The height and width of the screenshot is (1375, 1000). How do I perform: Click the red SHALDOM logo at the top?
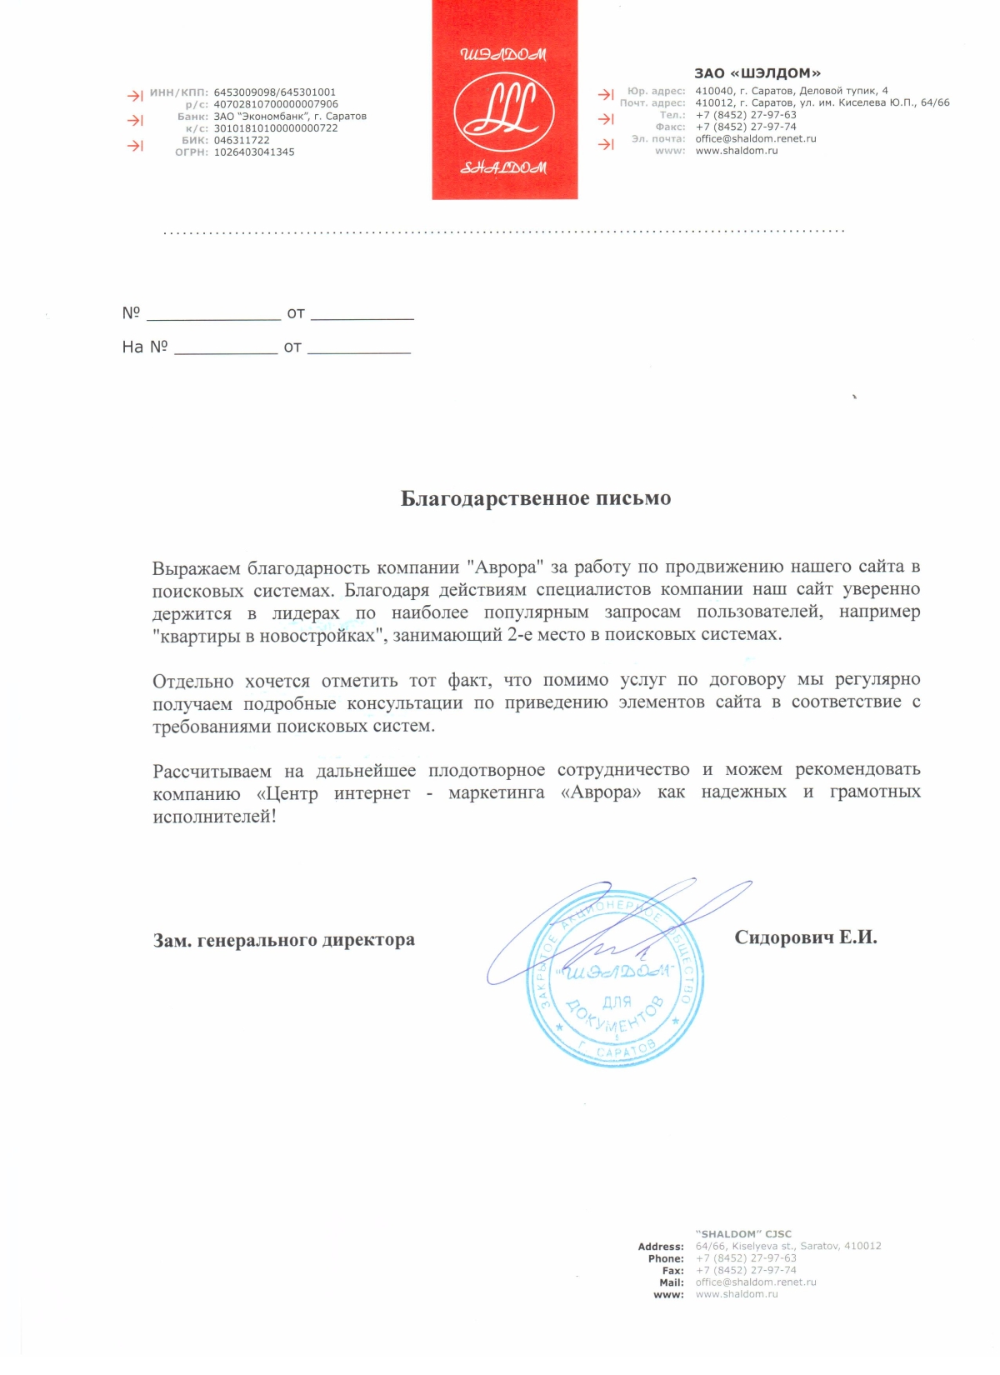504,100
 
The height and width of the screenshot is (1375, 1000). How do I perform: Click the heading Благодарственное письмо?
536,498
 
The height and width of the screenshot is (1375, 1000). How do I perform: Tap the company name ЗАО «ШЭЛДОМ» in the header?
757,73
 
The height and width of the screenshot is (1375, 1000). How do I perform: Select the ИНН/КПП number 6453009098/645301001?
275,92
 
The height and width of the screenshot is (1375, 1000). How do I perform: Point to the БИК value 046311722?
242,140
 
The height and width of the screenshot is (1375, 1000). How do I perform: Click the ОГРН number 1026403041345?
254,152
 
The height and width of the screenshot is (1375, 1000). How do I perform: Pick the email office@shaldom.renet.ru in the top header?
756,139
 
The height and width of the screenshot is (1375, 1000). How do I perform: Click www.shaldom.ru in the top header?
737,151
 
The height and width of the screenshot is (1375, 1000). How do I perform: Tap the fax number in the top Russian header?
746,127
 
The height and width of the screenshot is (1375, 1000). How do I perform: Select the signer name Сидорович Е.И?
806,937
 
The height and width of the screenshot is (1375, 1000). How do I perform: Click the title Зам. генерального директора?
284,940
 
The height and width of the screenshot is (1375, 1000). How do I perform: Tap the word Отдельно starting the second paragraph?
192,682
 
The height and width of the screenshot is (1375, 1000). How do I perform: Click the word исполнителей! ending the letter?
214,817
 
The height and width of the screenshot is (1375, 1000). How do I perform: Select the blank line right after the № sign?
213,315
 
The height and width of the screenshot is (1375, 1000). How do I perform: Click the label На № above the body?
145,347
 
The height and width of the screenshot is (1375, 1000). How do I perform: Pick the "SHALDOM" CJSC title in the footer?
743,1234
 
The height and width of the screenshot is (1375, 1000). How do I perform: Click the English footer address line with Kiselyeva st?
788,1246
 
